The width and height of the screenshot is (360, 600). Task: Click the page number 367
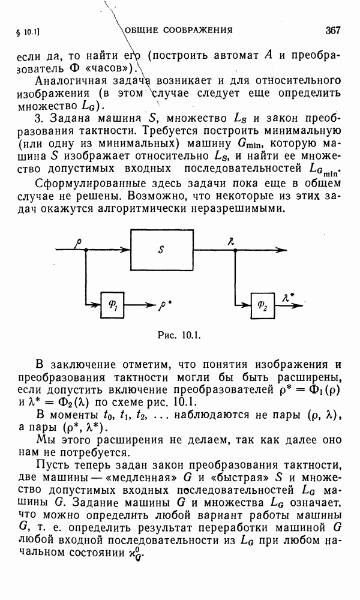point(332,30)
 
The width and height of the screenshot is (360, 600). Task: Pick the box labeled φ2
point(262,304)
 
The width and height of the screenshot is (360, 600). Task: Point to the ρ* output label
point(164,304)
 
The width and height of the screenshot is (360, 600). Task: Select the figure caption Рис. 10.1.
point(178,336)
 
